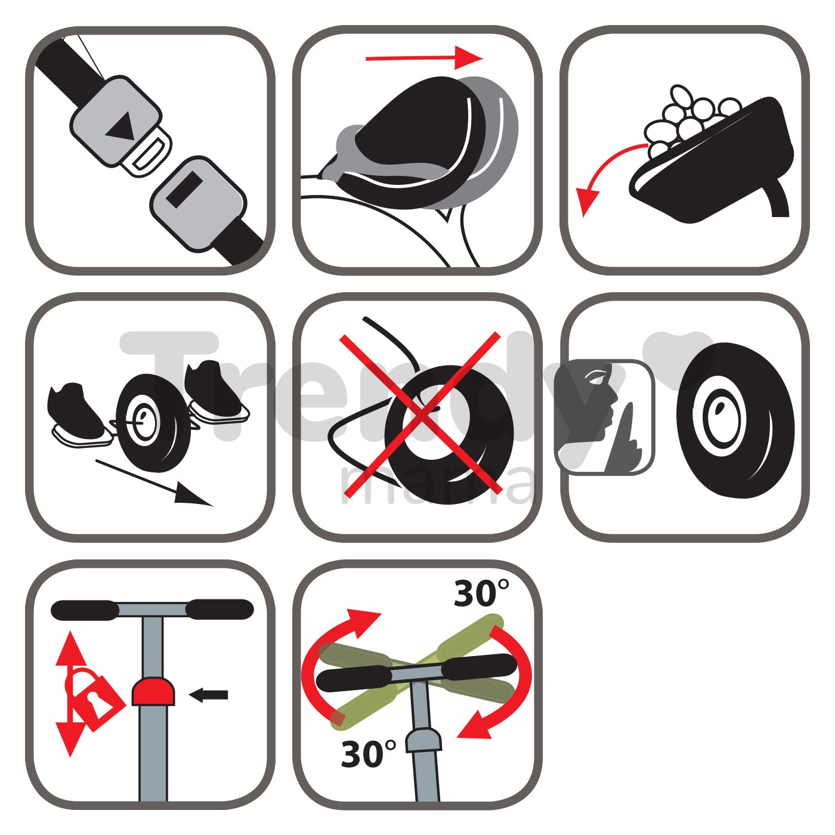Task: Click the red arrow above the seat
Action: point(424,58)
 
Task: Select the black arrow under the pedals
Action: point(154,483)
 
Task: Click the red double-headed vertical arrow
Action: point(71,693)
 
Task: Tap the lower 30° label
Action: point(369,753)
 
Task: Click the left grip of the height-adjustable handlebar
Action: point(85,610)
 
